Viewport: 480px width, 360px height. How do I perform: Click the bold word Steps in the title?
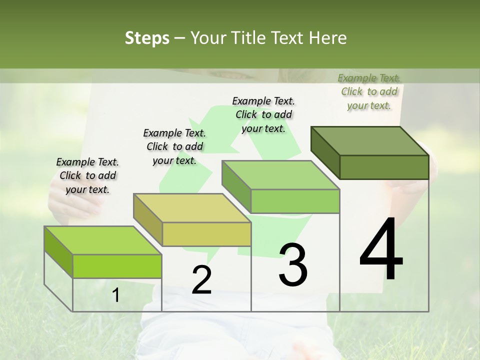[x=147, y=38]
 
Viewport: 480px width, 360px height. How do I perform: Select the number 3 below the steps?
[x=293, y=265]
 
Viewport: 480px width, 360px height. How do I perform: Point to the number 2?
[x=201, y=280]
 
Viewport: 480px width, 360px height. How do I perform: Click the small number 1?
[x=115, y=295]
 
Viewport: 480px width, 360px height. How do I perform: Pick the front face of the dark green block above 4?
[x=384, y=167]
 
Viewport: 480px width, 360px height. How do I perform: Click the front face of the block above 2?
[x=206, y=234]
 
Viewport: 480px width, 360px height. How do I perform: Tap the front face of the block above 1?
[x=117, y=266]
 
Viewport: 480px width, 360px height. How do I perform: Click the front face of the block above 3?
[x=295, y=201]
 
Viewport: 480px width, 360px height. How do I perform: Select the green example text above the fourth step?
[x=369, y=91]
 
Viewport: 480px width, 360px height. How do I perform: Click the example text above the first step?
[x=87, y=175]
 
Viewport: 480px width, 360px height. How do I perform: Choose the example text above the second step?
[x=174, y=146]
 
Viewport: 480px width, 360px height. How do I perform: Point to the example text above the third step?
[x=263, y=114]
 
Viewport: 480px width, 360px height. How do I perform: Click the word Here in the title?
[x=328, y=38]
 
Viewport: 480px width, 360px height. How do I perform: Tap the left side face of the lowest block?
[x=58, y=252]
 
